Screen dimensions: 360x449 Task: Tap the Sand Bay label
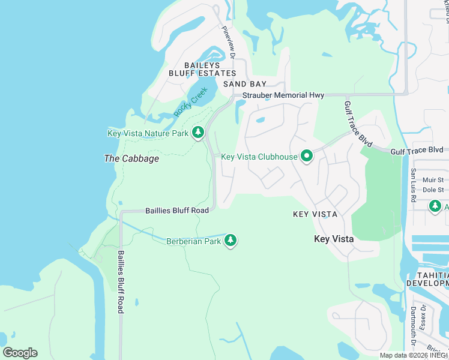(244, 85)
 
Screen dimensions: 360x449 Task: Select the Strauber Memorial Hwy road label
(283, 95)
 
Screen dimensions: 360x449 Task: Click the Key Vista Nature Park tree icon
(198, 133)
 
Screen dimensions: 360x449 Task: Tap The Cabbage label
(131, 158)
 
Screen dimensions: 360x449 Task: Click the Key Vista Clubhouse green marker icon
(307, 157)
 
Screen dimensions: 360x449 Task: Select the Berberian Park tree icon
(231, 241)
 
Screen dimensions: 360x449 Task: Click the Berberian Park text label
(194, 241)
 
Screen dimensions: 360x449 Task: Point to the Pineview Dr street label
(229, 42)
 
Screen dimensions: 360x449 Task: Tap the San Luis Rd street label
(413, 185)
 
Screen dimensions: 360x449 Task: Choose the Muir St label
(432, 179)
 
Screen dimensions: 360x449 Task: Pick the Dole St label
(432, 190)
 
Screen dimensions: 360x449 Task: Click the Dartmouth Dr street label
(413, 327)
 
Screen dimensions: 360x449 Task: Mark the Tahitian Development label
(427, 278)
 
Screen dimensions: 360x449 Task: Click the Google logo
(20, 353)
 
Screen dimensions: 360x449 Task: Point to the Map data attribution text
(414, 355)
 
